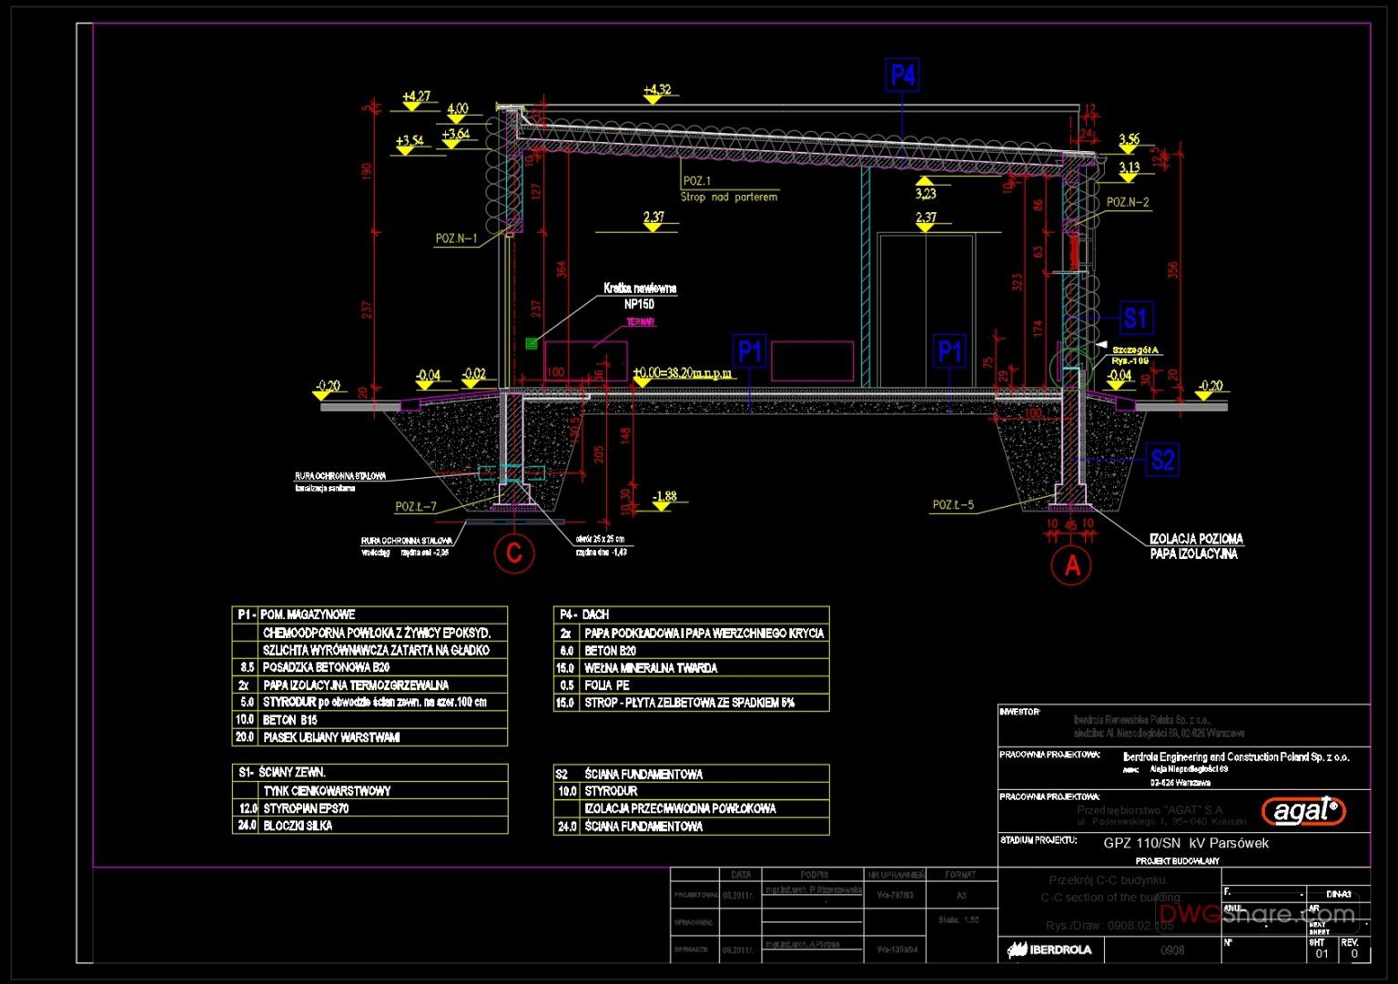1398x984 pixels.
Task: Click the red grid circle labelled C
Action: point(514,553)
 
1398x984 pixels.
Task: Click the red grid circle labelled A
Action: point(1071,565)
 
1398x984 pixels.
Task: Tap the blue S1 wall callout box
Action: point(1134,319)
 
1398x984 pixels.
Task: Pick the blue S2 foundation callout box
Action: point(1162,460)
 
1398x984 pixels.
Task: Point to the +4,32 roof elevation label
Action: point(656,89)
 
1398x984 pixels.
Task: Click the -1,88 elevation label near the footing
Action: point(664,496)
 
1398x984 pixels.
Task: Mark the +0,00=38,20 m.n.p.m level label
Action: point(682,372)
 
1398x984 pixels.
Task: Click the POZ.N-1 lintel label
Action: point(456,238)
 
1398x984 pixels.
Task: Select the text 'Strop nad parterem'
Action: point(729,197)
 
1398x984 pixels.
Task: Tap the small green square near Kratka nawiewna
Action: point(531,343)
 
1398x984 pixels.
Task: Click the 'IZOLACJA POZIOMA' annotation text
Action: point(1195,539)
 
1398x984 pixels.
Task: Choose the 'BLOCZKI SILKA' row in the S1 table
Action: point(298,826)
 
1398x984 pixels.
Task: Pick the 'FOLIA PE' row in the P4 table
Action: point(607,685)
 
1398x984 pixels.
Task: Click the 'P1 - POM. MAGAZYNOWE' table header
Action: point(297,614)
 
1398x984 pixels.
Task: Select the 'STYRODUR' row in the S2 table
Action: point(611,791)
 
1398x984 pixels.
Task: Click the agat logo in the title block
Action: point(1302,809)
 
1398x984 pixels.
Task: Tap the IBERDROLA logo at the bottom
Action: point(1049,949)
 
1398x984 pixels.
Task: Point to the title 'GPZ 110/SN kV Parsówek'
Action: point(1185,843)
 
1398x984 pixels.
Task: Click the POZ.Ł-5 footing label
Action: point(953,504)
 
